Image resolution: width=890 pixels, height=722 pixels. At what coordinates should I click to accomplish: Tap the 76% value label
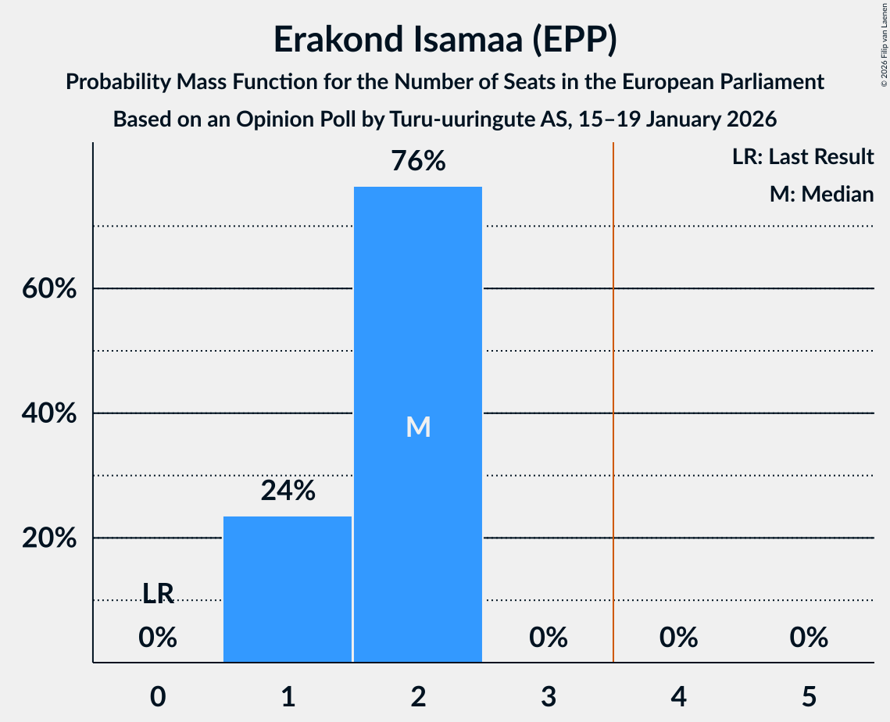[x=418, y=162]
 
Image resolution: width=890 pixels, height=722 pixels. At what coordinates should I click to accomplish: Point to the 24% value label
[x=288, y=491]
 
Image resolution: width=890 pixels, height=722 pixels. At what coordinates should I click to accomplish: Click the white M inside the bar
[x=418, y=427]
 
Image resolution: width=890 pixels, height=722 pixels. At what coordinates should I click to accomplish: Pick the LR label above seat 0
[x=158, y=594]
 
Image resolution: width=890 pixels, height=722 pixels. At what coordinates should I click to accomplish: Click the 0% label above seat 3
[x=548, y=638]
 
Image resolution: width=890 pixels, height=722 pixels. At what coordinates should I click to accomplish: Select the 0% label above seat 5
[x=808, y=638]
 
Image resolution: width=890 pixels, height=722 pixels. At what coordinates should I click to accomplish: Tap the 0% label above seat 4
[x=678, y=638]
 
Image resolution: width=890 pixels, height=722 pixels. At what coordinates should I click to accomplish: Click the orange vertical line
[x=613, y=391]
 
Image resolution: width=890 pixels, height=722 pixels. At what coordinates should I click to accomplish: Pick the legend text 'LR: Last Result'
[x=802, y=157]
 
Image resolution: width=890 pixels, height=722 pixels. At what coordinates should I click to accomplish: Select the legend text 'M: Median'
[x=821, y=194]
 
